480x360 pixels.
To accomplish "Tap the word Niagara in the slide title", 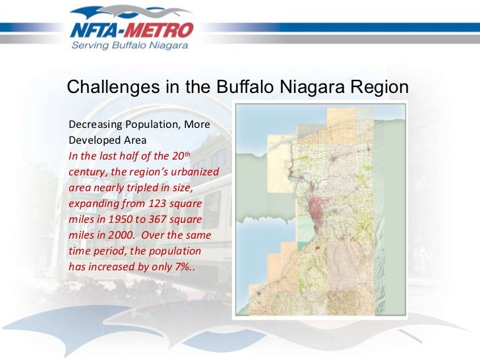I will click(x=313, y=88).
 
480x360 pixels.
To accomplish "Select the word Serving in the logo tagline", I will click(x=89, y=46).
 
